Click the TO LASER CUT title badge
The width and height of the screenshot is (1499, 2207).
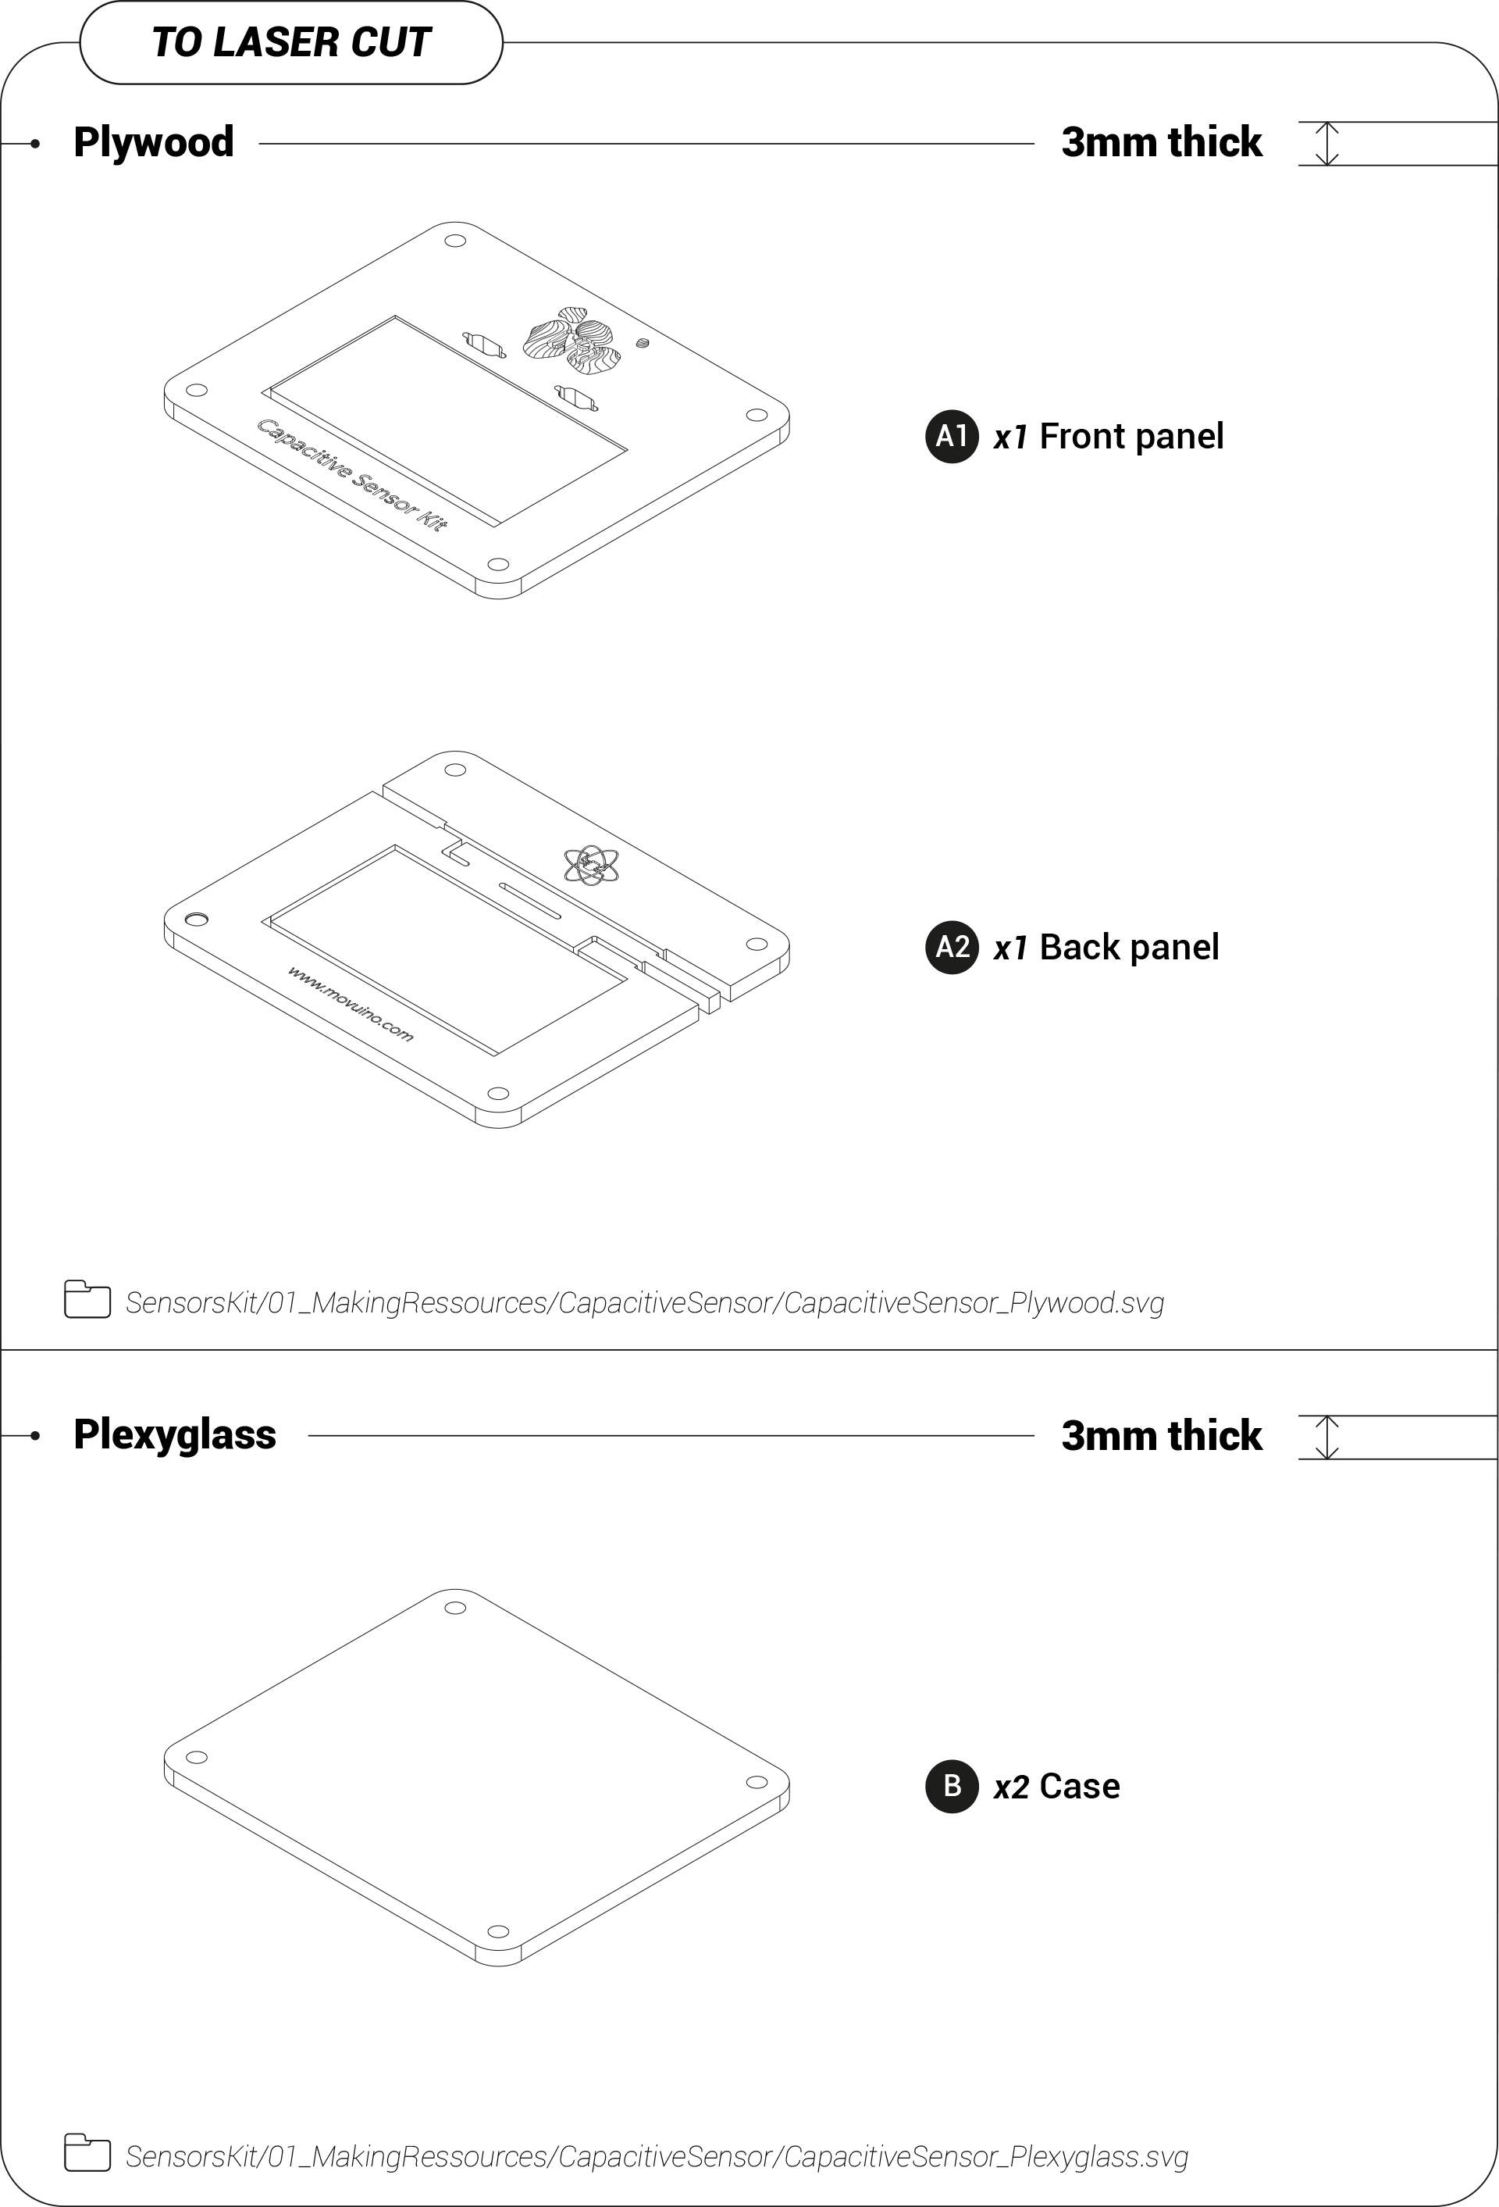290,43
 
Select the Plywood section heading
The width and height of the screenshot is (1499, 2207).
154,142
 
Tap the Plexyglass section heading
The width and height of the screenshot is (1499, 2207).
175,1435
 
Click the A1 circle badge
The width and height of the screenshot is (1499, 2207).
951,437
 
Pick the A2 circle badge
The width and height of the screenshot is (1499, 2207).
951,948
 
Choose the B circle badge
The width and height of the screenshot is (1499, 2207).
951,1786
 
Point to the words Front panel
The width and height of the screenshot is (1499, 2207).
1131,437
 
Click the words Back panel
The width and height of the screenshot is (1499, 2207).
1129,948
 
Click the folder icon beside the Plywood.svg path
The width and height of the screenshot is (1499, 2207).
87,1300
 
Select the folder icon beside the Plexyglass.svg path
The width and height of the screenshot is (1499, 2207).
87,2153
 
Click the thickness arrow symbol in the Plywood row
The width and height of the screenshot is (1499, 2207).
1327,144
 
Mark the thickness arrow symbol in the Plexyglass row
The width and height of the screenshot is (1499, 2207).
1327,1437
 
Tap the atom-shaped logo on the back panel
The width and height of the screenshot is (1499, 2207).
592,865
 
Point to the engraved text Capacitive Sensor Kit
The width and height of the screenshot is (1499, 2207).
352,475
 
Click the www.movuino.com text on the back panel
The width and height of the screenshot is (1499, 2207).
351,1004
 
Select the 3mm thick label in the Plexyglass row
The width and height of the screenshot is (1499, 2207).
1162,1436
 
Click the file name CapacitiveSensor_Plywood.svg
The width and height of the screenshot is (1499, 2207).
974,1303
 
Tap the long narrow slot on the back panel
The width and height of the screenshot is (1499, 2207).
530,902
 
